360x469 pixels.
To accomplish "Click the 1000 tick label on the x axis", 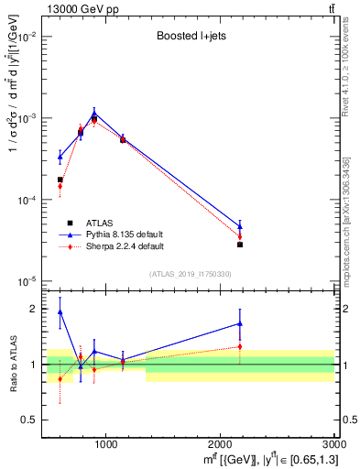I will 106,446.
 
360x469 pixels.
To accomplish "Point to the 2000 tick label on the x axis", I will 221,446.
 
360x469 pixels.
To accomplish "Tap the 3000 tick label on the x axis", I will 332,446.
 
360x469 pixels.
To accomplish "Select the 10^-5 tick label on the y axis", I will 27,281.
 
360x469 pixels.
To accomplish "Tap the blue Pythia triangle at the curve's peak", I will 94,114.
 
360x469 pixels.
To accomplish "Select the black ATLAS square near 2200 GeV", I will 240,245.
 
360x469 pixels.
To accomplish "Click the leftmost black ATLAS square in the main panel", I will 60,180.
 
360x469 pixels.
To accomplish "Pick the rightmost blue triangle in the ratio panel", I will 240,323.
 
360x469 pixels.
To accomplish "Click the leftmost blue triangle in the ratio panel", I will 60,312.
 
